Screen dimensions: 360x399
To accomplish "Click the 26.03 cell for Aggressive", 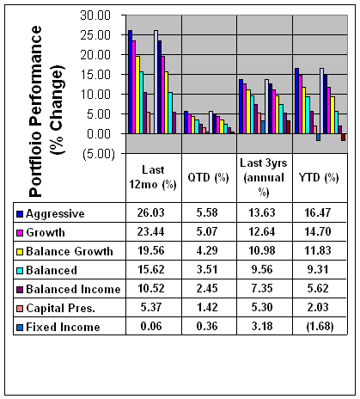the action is pos(151,212).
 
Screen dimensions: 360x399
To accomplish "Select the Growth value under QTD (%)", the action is pos(207,231).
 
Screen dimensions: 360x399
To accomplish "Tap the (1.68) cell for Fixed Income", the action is pos(320,326).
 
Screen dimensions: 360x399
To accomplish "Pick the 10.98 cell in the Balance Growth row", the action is pos(262,250).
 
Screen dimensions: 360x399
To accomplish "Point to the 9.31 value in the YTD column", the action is pos(318,269).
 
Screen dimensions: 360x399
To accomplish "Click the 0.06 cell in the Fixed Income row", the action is pos(151,326).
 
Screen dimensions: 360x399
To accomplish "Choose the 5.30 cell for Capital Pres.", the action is pos(262,307).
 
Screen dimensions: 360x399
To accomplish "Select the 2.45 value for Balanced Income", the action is pos(207,288).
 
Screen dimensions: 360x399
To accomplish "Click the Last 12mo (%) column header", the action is pos(153,177).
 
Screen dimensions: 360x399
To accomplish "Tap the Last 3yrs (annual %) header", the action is pos(264,178).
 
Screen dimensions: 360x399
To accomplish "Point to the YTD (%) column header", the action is pos(319,178).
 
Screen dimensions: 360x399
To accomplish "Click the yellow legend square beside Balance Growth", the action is pos(20,252).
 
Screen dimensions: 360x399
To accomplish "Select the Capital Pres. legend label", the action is pos(60,308).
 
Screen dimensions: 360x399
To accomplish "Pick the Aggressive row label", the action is pos(55,214).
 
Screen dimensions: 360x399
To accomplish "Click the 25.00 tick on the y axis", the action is pos(95,35).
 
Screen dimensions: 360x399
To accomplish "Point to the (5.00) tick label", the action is pos(99,154).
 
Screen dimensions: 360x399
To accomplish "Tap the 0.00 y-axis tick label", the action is pos(99,134).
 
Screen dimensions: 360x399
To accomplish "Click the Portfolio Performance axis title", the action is pos(46,111).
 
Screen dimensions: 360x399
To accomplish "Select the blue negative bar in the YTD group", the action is pos(318,137).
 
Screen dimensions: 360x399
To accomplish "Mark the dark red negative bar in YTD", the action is pos(343,137).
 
